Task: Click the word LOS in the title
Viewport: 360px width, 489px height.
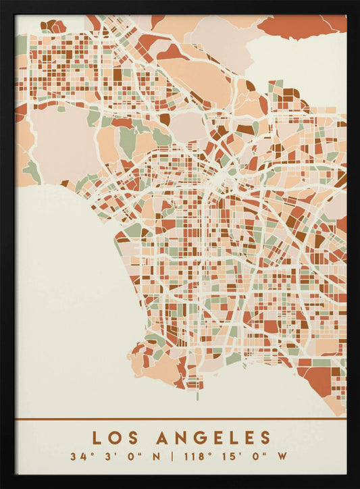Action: coord(113,438)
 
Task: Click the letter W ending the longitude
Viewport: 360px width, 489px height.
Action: coord(282,456)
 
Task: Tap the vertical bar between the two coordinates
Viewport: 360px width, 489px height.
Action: coord(172,456)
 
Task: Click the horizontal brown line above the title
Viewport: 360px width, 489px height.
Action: coord(180,419)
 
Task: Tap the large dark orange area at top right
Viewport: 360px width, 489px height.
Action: coord(297,26)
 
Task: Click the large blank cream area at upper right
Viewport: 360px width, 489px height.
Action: coord(297,64)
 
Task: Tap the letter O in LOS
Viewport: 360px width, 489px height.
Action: coord(113,438)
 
